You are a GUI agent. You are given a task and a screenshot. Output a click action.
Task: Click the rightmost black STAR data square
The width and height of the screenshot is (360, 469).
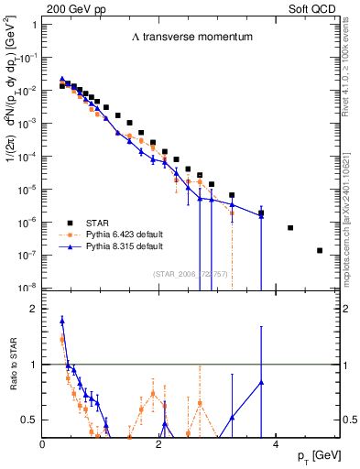pyautogui.click(x=320, y=250)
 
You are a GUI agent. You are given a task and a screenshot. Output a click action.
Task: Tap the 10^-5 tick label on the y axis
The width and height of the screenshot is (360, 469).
pyautogui.click(x=28, y=189)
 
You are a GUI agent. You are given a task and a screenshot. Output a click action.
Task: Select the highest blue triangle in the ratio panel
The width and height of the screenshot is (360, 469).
pyautogui.click(x=61, y=321)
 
